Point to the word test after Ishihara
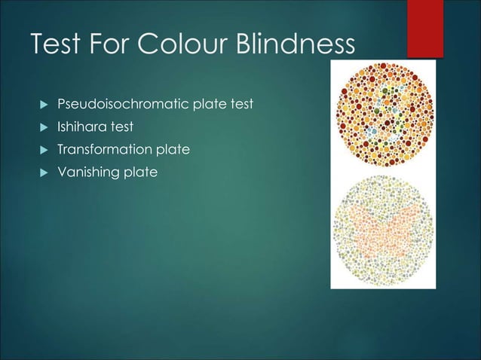tap(120, 127)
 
